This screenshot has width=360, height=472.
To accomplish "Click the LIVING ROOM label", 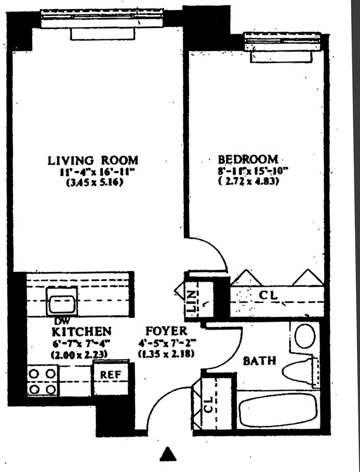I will point(92,161).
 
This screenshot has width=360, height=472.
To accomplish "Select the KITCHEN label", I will point(81,332).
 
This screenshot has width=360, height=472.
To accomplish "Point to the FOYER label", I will point(166,332).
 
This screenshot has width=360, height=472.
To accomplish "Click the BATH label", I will point(260,361).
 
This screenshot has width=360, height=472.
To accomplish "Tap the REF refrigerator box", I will point(111,375).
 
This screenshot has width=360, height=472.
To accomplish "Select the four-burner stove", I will point(43,381).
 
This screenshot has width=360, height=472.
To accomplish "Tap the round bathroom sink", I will point(304,335).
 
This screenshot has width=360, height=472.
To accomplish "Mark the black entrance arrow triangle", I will point(168,454).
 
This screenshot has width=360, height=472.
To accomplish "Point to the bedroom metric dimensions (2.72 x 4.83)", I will point(248,182).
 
